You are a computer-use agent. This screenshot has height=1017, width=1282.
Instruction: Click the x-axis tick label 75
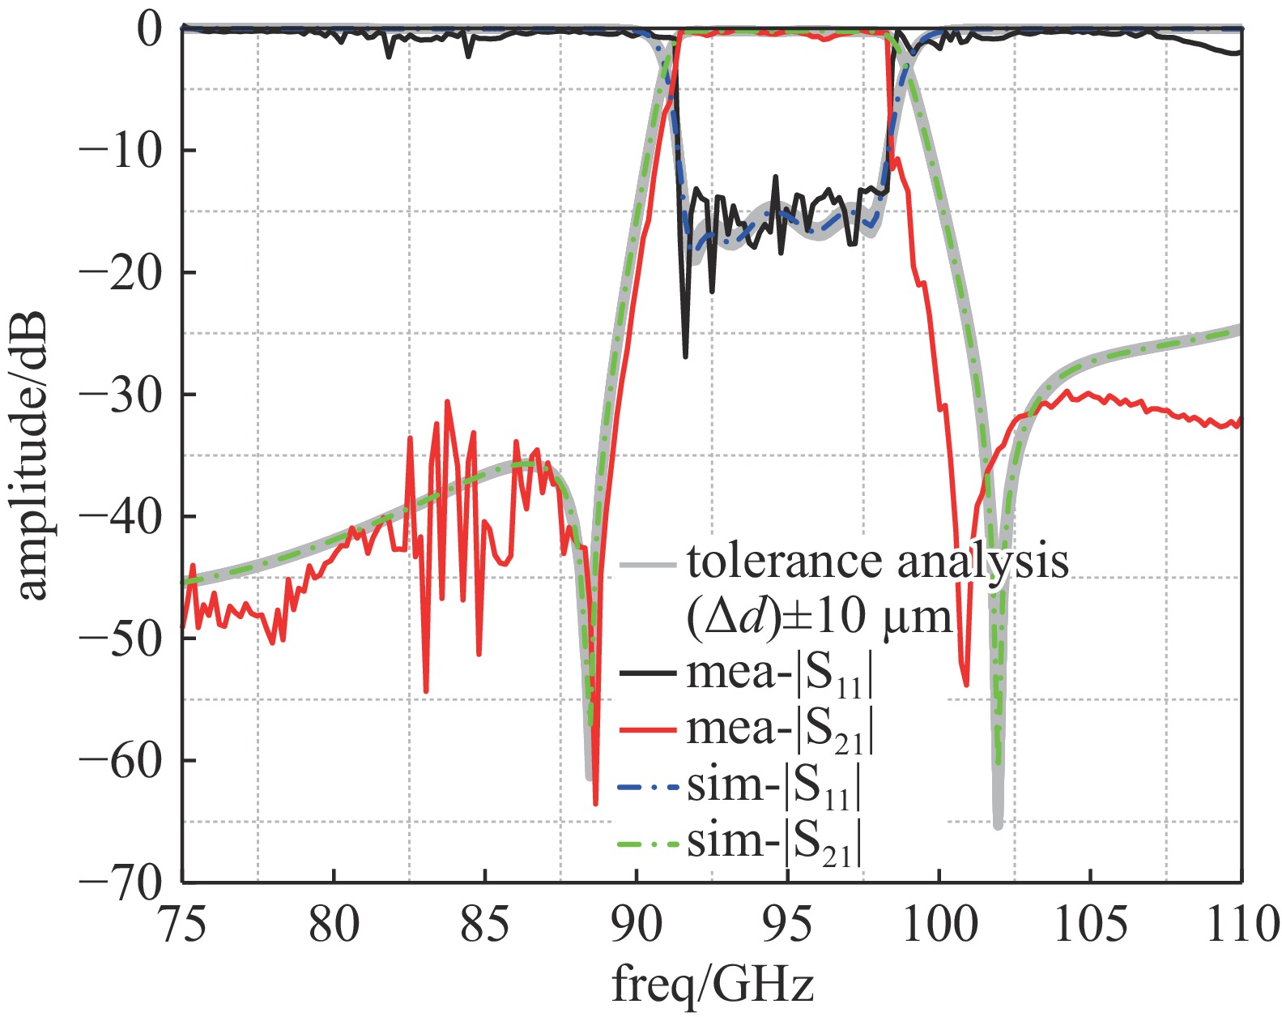(183, 924)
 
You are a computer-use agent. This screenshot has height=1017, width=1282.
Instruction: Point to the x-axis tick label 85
(484, 924)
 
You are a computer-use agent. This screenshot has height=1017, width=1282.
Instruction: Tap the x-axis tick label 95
(787, 924)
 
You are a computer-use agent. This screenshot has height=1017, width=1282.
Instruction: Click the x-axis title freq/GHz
(712, 986)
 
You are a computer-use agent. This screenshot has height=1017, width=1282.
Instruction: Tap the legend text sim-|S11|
(773, 787)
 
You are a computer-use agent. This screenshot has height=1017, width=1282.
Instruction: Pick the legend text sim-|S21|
(773, 843)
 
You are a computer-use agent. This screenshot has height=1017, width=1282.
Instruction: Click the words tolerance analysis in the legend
(878, 561)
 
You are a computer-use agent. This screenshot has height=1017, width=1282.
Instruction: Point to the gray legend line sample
(648, 563)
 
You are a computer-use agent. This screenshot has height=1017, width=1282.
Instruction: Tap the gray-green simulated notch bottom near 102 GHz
(998, 825)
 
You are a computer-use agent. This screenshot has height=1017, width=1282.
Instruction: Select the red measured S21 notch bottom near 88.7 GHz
(595, 803)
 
